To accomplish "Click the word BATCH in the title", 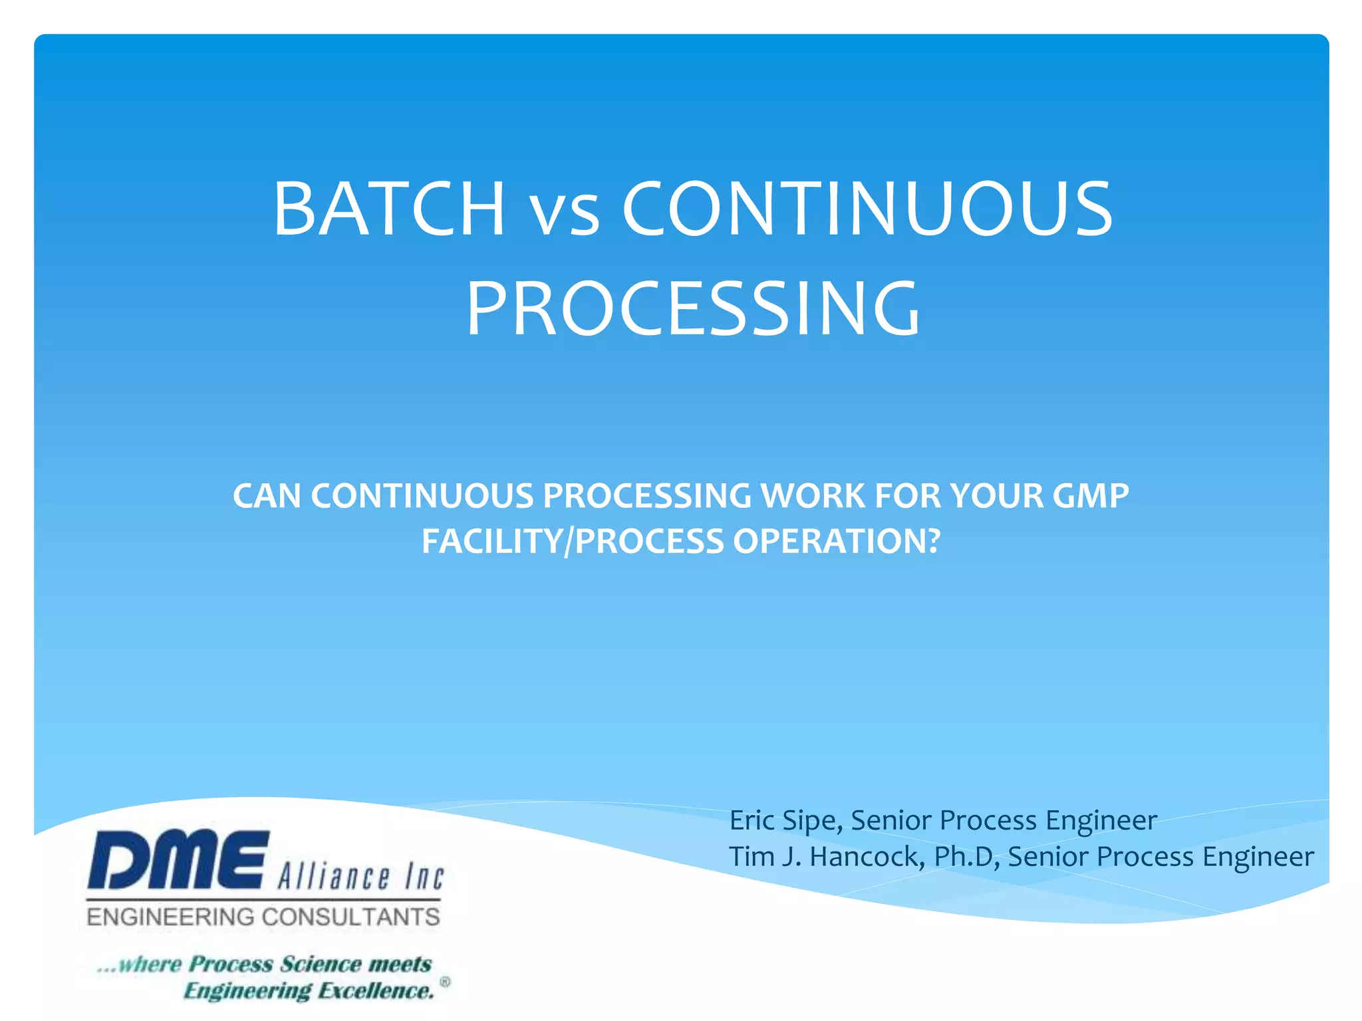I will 388,209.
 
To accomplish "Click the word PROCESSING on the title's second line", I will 693,309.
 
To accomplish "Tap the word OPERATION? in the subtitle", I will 837,541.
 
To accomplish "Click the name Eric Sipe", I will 785,820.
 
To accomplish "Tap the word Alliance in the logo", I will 333,877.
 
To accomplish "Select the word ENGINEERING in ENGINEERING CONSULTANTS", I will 170,917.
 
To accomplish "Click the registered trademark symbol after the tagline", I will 445,982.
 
